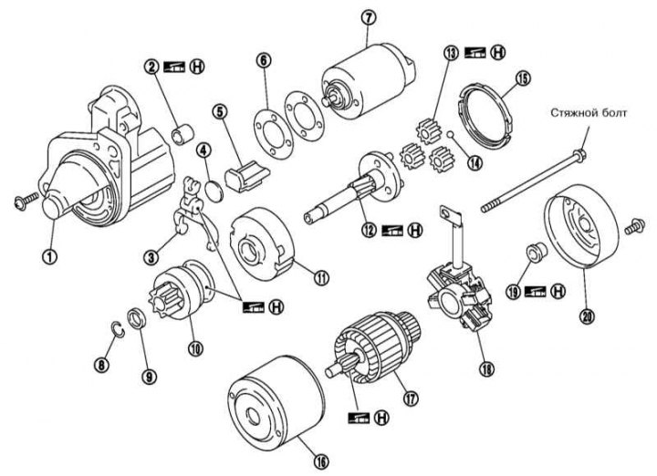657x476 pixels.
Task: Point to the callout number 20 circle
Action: tap(585, 316)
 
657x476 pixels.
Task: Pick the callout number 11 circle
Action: tap(297, 275)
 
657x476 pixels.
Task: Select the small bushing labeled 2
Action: tap(181, 136)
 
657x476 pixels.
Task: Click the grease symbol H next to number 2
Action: tap(193, 67)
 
